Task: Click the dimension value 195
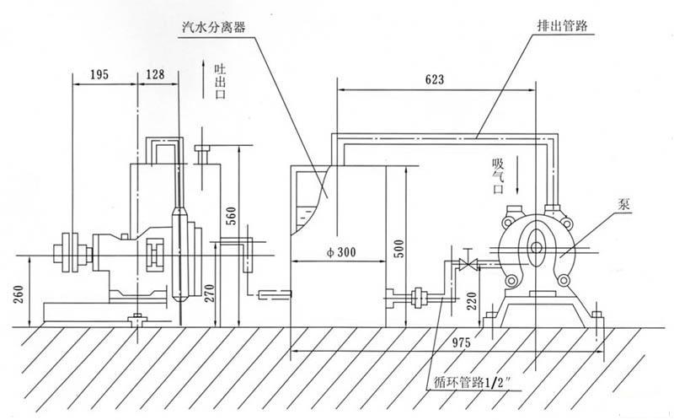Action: [x=99, y=75]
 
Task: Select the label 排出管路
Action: [x=557, y=25]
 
